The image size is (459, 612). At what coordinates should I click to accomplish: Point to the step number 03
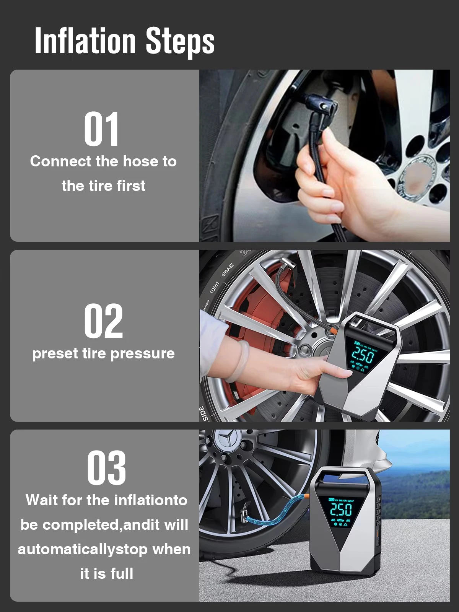pyautogui.click(x=106, y=468)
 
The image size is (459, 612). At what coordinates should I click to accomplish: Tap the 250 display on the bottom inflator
pyautogui.click(x=341, y=509)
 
